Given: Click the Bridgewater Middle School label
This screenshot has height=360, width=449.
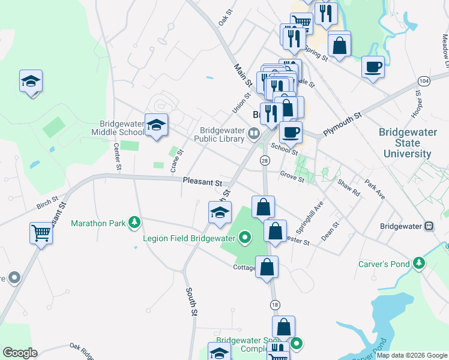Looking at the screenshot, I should [x=118, y=128].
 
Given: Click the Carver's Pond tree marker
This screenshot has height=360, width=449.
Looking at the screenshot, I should [x=418, y=263].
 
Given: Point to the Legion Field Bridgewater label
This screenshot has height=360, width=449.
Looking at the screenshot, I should [x=188, y=238].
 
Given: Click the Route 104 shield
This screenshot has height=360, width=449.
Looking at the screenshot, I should [x=424, y=80].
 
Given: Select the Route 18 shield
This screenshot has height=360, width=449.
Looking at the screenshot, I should [x=275, y=305].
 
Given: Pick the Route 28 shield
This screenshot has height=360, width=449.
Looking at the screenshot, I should [x=264, y=160].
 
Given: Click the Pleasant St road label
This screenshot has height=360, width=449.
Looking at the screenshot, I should [x=202, y=180].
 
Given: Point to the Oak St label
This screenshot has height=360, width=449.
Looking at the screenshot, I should [x=225, y=16].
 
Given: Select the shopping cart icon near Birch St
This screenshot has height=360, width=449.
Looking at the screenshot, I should [x=41, y=232].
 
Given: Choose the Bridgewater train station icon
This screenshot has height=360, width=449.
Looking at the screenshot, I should [x=429, y=226].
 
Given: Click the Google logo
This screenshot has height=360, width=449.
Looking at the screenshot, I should [x=20, y=353].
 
